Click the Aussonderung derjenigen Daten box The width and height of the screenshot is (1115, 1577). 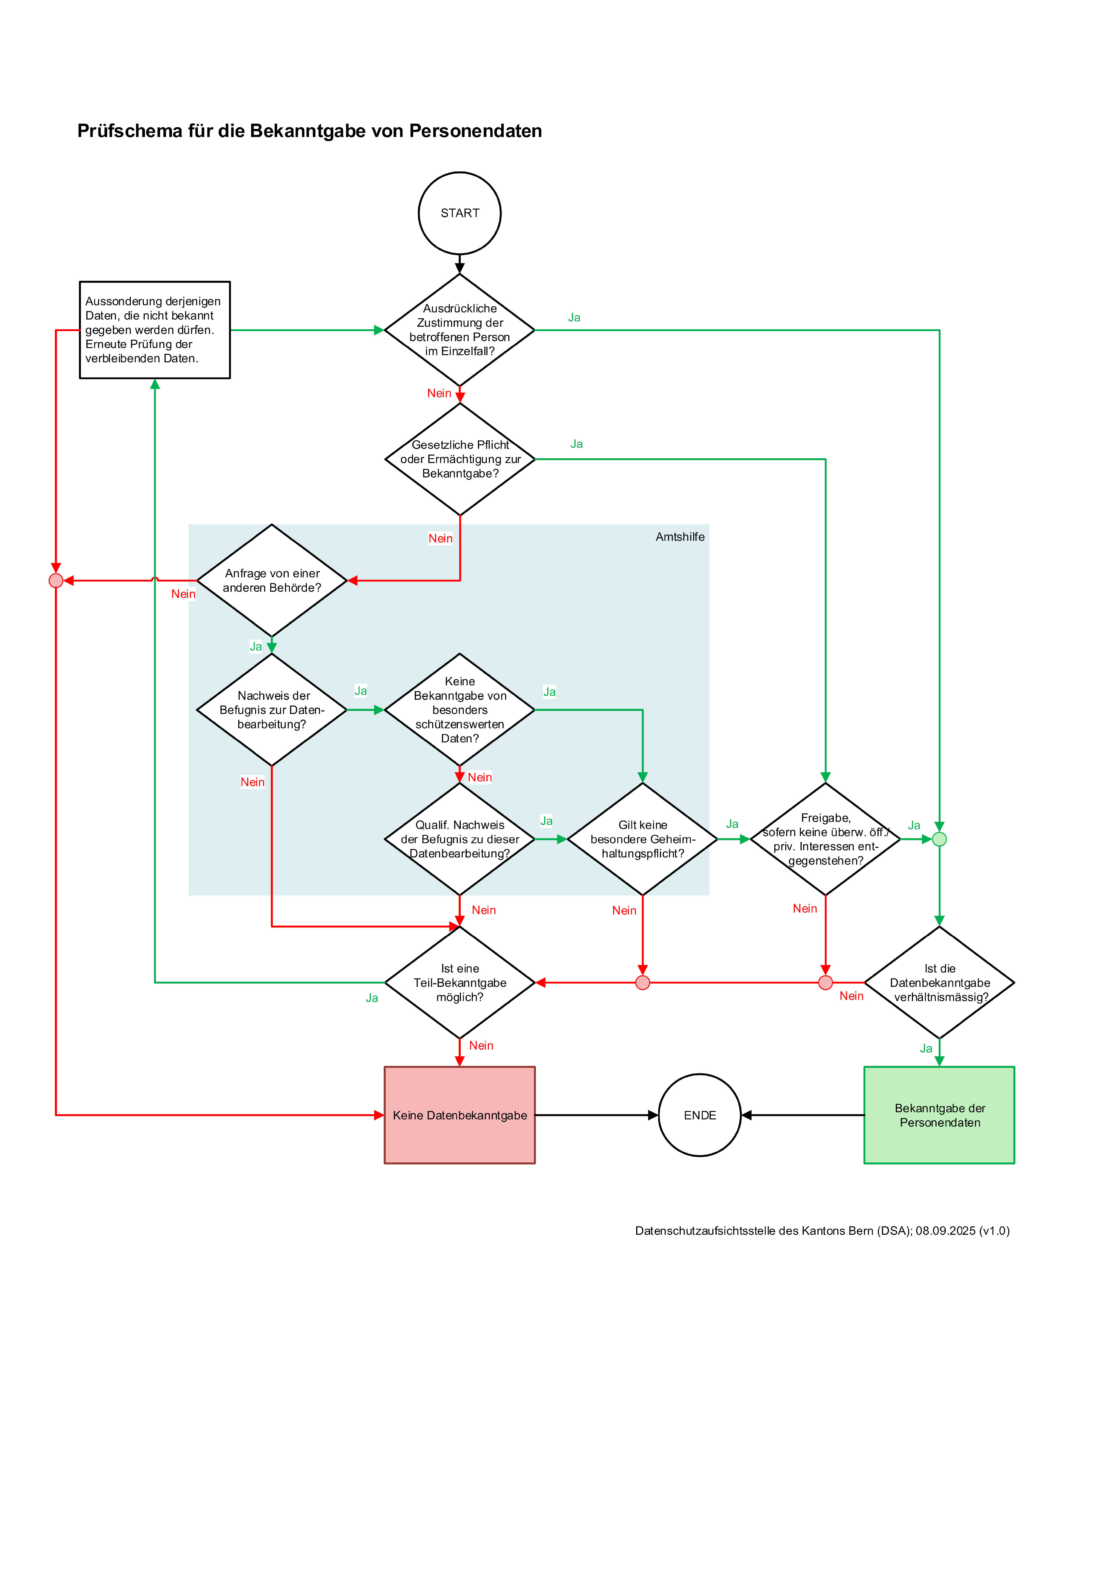(155, 330)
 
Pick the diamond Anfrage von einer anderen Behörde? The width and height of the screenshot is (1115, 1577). (272, 580)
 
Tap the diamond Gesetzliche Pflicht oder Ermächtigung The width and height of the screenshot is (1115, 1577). (460, 459)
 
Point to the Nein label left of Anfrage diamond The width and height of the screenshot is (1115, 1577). (183, 593)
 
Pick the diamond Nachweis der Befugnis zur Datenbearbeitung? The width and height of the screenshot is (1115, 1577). (272, 710)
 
